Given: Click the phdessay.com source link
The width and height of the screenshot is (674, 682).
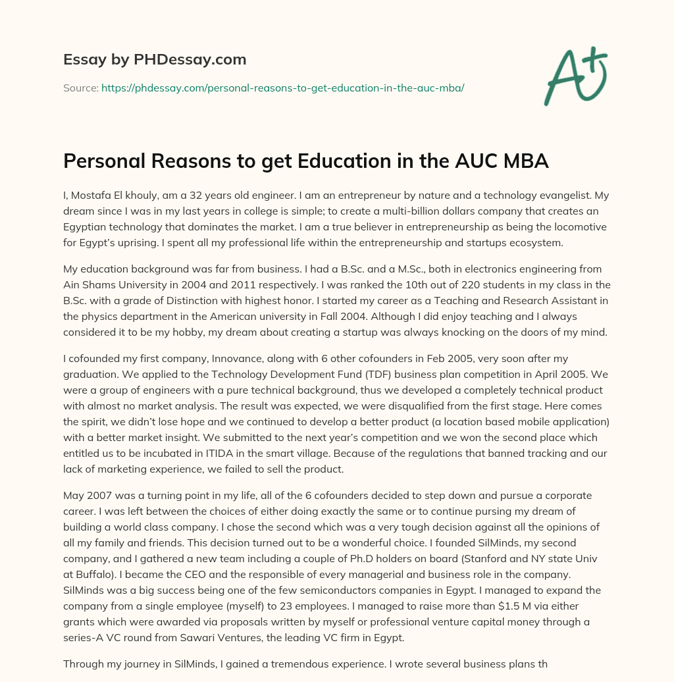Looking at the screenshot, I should [282, 88].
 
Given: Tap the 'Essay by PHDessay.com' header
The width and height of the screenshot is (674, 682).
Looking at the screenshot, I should [155, 60].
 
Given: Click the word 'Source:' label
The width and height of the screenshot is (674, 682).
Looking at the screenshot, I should [80, 88].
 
